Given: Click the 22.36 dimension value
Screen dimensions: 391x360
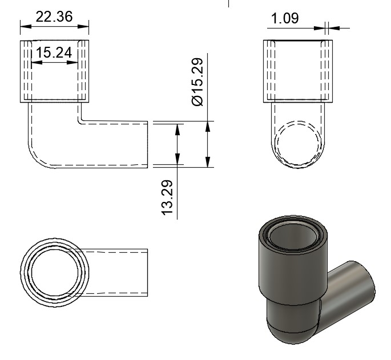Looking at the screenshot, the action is (54, 17).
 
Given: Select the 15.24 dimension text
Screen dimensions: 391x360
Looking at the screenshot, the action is (54, 52).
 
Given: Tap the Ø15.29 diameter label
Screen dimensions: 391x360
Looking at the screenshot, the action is (197, 82).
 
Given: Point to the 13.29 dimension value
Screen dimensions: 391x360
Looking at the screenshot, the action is (167, 197).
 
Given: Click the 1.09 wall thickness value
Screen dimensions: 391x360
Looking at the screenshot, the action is (284, 18).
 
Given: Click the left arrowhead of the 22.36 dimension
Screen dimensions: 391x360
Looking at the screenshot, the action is (26, 26).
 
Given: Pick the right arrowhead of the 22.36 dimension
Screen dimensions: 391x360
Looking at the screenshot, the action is (83, 26).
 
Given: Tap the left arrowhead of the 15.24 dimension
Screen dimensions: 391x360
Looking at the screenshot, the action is (37, 62).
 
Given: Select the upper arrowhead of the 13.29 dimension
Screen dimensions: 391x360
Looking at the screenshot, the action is (178, 130).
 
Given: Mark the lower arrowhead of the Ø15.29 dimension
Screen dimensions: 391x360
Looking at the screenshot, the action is (208, 162).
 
